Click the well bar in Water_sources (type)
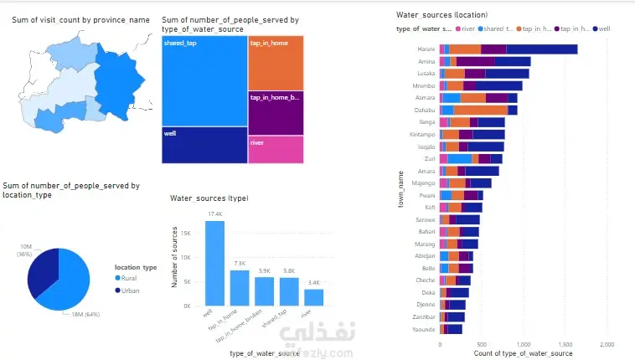[214, 262]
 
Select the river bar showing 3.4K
[313, 296]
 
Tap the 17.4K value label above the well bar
[214, 214]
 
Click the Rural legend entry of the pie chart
[128, 279]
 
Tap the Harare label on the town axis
[426, 49]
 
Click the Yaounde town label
[424, 329]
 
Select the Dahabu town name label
[425, 110]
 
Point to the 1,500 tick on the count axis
[565, 343]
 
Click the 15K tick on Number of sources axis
[188, 233]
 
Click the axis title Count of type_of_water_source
[524, 354]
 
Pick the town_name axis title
[402, 189]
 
